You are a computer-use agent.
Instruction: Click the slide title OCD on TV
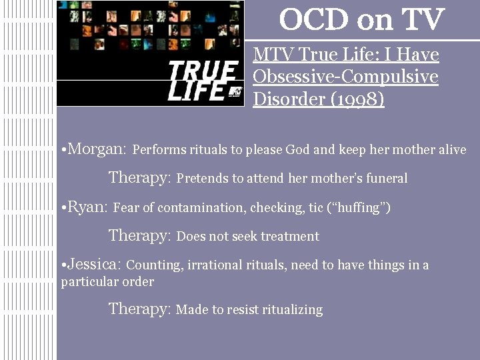coord(361,19)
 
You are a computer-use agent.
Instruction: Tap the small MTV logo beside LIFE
coord(234,92)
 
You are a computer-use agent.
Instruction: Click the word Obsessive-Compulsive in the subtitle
coord(345,76)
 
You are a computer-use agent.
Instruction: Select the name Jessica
coord(94,264)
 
